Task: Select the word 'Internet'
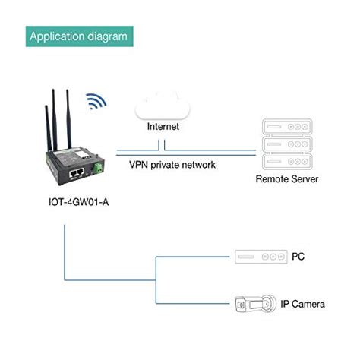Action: [x=165, y=128]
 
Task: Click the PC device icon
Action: [x=258, y=257]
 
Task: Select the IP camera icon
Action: [x=258, y=304]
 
